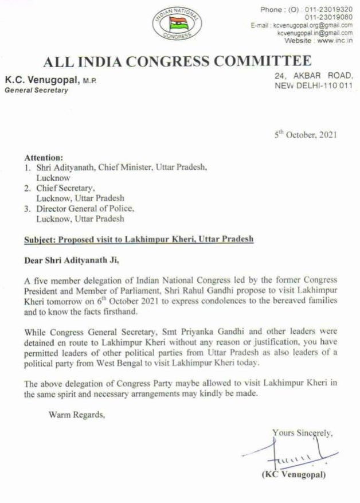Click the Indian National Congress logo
point(177,25)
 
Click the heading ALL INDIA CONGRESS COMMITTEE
point(177,61)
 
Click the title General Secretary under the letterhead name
point(36,90)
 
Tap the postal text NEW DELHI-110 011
point(312,85)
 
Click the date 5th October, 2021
point(307,135)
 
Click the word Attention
point(44,157)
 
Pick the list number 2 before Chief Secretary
point(28,188)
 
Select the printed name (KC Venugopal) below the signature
point(294,475)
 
